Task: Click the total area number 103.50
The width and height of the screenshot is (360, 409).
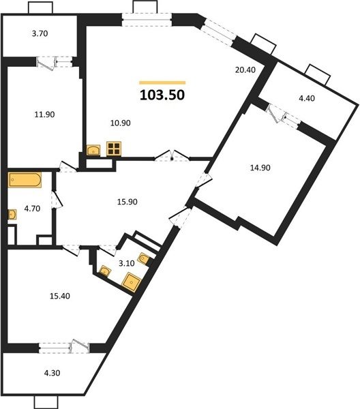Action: click(162, 95)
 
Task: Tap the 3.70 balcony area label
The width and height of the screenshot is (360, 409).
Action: click(40, 33)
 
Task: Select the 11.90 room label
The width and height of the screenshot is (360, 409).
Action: click(44, 115)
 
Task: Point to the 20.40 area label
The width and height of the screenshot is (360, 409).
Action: click(245, 70)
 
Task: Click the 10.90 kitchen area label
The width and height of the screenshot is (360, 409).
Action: click(120, 123)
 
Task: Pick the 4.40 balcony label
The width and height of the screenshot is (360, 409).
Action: click(307, 98)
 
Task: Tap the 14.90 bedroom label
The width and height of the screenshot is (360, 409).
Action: click(260, 168)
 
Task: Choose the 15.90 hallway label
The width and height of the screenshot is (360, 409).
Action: click(127, 202)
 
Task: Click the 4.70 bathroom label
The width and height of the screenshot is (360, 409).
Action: click(32, 209)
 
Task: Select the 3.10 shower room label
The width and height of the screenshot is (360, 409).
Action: click(127, 263)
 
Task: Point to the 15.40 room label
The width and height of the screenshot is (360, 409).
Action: click(60, 296)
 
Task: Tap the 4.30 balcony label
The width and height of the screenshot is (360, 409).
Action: click(52, 373)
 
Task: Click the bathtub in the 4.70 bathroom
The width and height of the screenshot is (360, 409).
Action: click(25, 180)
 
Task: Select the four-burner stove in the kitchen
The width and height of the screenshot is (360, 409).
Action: click(114, 149)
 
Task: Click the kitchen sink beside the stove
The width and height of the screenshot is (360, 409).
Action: click(93, 151)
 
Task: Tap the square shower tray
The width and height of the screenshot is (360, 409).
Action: click(132, 283)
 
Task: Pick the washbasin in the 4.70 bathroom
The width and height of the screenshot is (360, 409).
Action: click(12, 215)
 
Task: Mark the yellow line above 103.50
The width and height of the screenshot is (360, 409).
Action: click(162, 83)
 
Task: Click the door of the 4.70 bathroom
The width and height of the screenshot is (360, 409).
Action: click(57, 200)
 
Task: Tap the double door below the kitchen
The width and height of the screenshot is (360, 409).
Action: click(172, 155)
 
